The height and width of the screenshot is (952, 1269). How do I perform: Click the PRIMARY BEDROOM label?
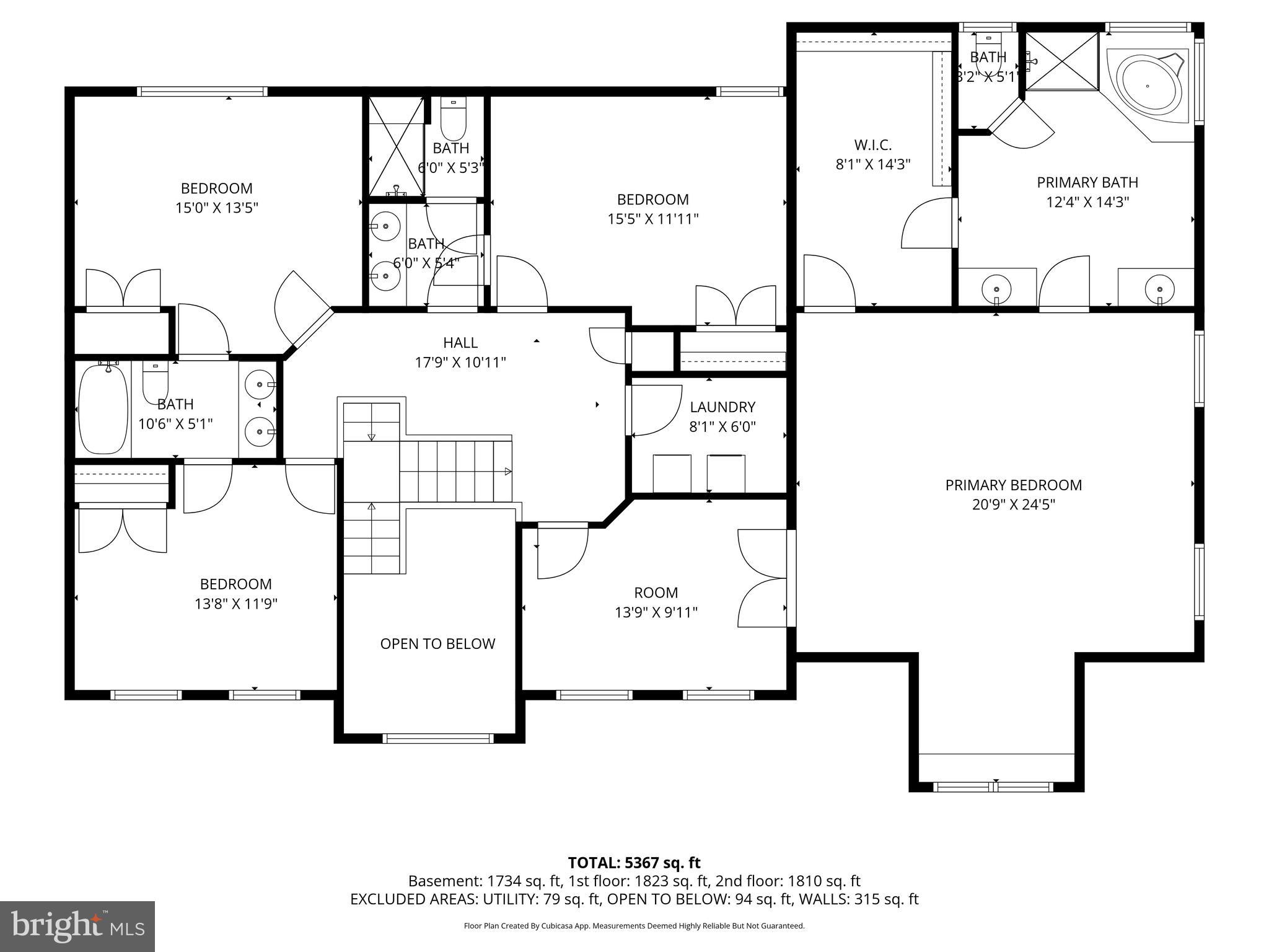[x=1013, y=485]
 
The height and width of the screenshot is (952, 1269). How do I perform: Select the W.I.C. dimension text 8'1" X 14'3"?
[x=872, y=165]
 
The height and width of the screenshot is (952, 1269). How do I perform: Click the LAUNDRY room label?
[x=722, y=407]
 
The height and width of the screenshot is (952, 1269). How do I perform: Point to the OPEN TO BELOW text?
[x=437, y=644]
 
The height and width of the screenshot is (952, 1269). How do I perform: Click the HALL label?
[x=460, y=343]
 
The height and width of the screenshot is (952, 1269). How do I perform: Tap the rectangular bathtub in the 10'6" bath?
[x=103, y=410]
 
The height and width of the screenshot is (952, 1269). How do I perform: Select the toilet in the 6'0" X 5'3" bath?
[x=453, y=121]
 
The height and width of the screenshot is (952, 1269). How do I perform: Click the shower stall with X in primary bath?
[x=1062, y=61]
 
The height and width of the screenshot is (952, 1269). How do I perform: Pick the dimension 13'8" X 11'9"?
[x=235, y=604]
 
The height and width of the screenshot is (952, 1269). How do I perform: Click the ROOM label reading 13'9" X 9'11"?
[x=656, y=593]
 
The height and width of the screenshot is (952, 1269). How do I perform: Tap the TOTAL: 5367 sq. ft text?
[x=634, y=863]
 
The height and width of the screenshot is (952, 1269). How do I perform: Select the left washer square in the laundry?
[x=672, y=474]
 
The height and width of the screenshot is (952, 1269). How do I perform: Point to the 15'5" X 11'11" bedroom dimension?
[x=653, y=219]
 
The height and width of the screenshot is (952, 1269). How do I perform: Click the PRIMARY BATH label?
[x=1087, y=183]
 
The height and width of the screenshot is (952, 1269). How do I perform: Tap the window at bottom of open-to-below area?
[x=437, y=738]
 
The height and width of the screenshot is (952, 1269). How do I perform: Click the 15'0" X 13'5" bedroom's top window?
[x=202, y=92]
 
